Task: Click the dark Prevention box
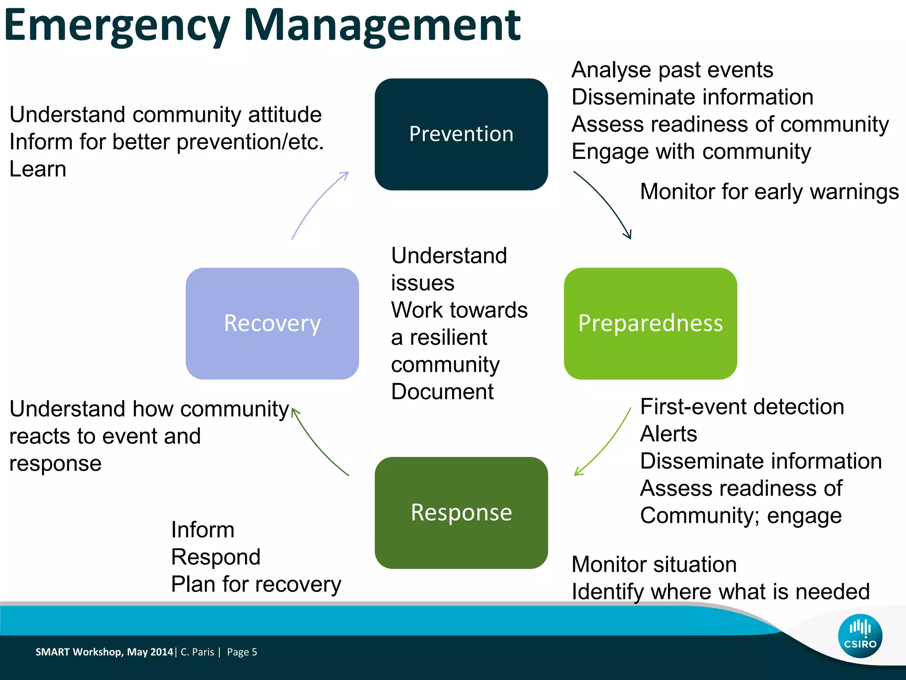[461, 134]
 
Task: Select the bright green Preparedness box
[650, 323]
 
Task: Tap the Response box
[461, 513]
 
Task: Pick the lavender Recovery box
[272, 323]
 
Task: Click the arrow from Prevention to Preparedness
[606, 202]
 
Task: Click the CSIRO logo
[860, 636]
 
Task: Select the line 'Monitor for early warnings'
[769, 192]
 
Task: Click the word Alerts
[668, 434]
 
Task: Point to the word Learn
[38, 169]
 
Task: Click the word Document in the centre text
[442, 392]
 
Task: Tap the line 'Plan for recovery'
[256, 584]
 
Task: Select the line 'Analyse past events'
[672, 70]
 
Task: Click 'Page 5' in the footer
[242, 652]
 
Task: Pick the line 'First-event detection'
[742, 406]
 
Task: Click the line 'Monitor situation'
[654, 564]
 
